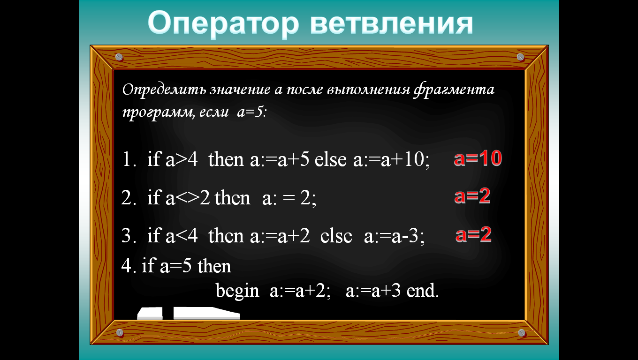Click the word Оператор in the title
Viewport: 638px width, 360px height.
(x=223, y=24)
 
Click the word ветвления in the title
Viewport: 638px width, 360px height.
(x=391, y=23)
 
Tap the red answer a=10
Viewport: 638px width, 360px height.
(x=478, y=158)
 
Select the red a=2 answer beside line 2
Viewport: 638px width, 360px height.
(x=472, y=196)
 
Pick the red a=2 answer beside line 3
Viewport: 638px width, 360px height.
(x=473, y=234)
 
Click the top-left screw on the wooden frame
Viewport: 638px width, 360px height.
(x=119, y=57)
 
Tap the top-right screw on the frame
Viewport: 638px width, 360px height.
(x=520, y=57)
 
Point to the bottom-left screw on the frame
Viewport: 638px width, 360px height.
(x=120, y=332)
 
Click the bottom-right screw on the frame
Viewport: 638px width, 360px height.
(x=522, y=333)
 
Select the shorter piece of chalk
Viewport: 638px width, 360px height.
(x=150, y=313)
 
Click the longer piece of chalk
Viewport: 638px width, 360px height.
(x=206, y=313)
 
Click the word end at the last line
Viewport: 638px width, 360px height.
(x=422, y=291)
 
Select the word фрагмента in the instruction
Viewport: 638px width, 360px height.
(x=454, y=90)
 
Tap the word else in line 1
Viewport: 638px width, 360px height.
(x=330, y=159)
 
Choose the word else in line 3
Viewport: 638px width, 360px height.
(x=336, y=236)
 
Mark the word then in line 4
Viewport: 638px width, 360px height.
(x=214, y=266)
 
